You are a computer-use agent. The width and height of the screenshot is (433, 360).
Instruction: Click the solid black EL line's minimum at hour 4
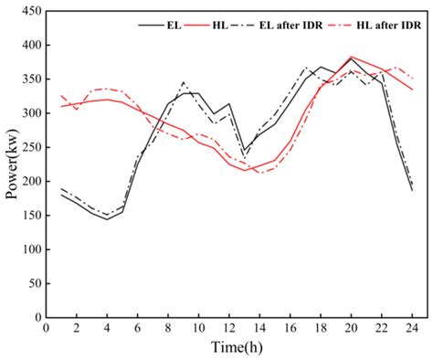tap(107, 219)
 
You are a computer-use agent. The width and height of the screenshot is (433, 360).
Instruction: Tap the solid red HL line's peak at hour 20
tap(351, 57)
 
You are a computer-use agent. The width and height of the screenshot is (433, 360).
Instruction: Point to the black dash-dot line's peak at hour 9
tap(184, 82)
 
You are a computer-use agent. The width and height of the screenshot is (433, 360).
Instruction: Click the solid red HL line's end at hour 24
tap(412, 90)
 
